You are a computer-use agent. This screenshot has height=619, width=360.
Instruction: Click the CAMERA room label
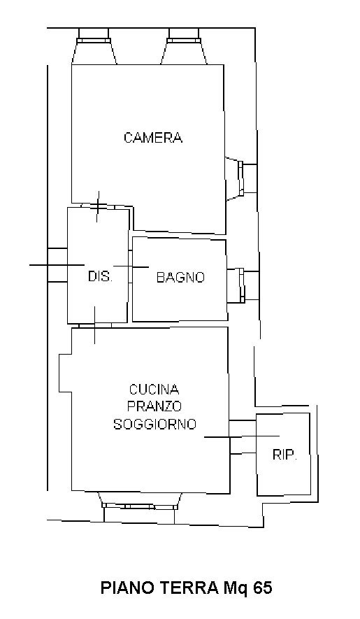tap(153, 138)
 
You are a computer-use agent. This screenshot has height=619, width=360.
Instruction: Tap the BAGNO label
tap(181, 277)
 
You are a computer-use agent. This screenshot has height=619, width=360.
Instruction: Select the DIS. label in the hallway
tap(100, 277)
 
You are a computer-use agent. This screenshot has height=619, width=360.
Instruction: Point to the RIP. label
tap(285, 455)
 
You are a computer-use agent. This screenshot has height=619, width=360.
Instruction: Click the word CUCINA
tap(154, 390)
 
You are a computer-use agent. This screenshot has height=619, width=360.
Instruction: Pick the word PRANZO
tap(154, 406)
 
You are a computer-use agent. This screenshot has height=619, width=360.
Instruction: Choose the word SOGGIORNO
tap(154, 424)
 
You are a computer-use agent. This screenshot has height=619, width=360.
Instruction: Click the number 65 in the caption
tap(262, 588)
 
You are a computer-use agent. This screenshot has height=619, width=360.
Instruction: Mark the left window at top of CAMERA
tap(94, 41)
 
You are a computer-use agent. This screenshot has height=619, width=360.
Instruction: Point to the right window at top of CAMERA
tap(185, 41)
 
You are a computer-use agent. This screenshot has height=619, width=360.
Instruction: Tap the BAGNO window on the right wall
tap(242, 284)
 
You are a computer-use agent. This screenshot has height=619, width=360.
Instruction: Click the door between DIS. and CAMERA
tap(98, 206)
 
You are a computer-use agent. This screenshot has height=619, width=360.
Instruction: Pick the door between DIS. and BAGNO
tap(131, 267)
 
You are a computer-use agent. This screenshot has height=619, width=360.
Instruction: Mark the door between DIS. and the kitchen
tap(95, 325)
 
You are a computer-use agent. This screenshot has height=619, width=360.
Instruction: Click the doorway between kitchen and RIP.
tap(242, 437)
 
